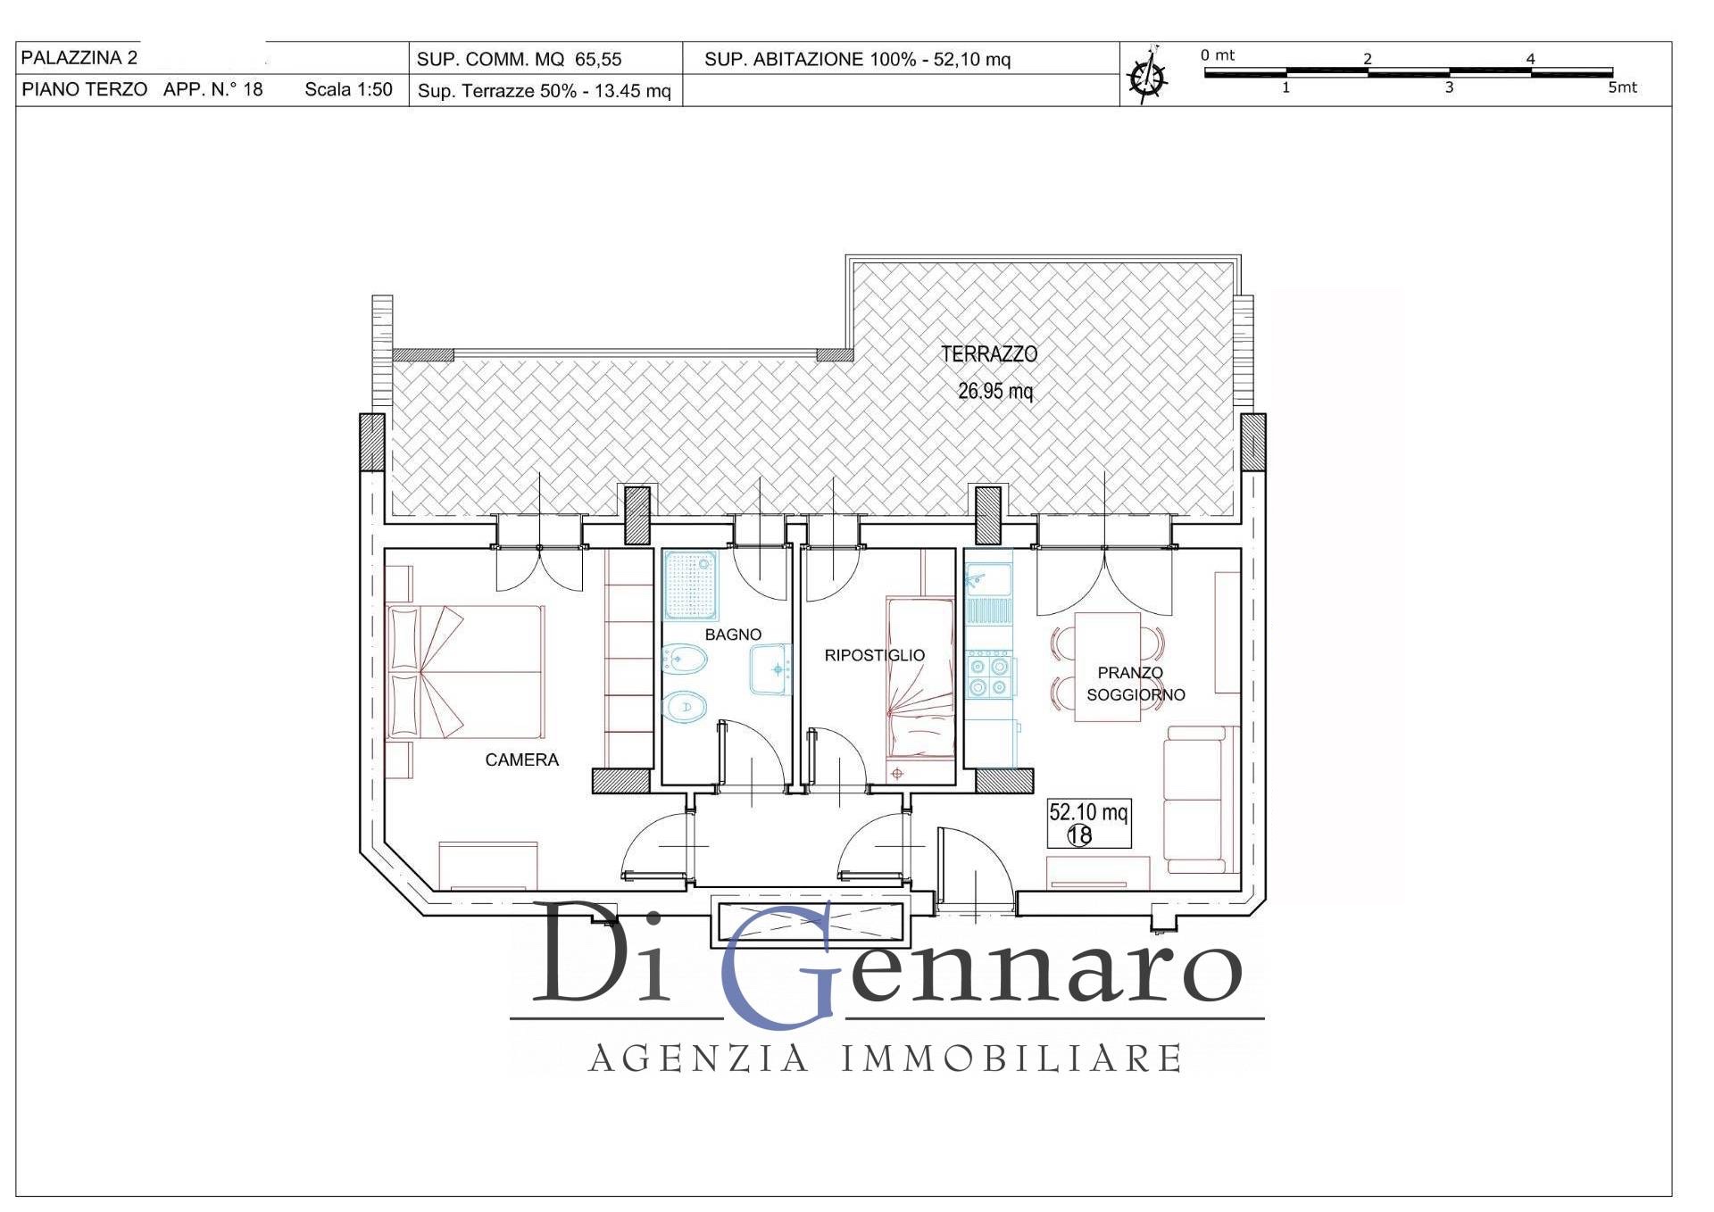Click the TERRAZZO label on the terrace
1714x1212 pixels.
989,354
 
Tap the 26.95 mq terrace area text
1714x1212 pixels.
994,391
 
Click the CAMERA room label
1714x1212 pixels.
521,760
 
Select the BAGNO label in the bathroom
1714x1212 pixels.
733,635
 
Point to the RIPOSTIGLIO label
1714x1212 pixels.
874,655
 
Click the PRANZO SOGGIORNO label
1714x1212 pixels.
1134,684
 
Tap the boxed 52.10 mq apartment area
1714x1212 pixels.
1088,822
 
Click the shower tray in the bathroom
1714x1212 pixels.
691,585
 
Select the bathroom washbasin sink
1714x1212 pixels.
770,669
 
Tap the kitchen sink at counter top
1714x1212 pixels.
987,580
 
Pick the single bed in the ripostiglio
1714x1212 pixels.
919,678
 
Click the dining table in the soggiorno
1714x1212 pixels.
1107,666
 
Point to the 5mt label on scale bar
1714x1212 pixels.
1622,87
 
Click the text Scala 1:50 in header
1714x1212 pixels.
348,89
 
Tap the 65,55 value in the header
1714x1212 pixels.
598,60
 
